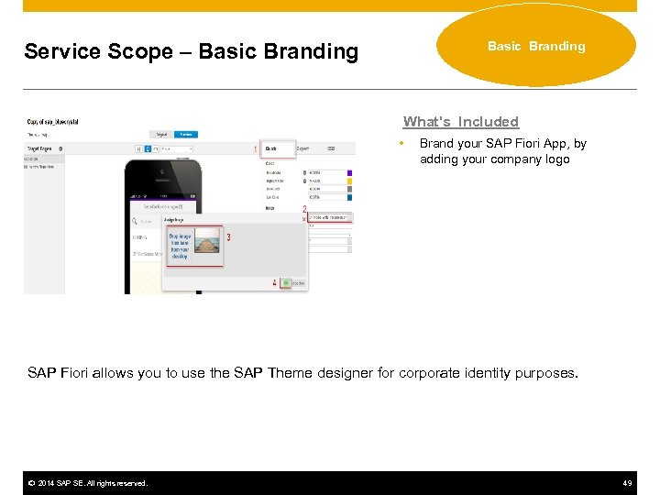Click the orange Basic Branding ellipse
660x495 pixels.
536,46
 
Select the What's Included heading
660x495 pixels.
461,121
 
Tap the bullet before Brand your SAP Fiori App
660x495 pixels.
401,144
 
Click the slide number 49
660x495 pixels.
627,483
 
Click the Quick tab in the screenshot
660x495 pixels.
272,148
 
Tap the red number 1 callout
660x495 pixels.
255,149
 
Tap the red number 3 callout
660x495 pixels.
228,238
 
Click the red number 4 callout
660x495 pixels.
274,283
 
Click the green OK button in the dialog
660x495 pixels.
286,283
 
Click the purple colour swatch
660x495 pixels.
351,171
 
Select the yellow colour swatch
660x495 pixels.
351,181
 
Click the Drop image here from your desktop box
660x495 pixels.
179,246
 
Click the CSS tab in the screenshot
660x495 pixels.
331,148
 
